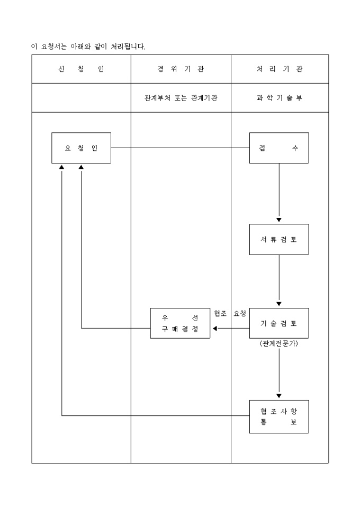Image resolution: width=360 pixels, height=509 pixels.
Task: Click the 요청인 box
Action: pyautogui.click(x=81, y=148)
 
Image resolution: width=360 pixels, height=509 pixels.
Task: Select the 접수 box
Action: pyautogui.click(x=279, y=148)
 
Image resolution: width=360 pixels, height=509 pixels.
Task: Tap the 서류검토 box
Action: pyautogui.click(x=279, y=239)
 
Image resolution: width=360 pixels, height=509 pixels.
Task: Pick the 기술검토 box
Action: pyautogui.click(x=279, y=323)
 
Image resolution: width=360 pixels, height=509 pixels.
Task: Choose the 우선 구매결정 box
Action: pyautogui.click(x=180, y=323)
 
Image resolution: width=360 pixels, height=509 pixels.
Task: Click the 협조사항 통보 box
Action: pyautogui.click(x=279, y=417)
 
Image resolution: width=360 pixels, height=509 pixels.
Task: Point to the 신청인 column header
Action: pyautogui.click(x=81, y=69)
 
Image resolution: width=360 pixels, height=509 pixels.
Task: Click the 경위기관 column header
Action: pyautogui.click(x=181, y=69)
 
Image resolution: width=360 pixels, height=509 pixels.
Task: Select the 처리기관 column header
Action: pyautogui.click(x=279, y=69)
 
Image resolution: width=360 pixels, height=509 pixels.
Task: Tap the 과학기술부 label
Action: pyautogui.click(x=279, y=98)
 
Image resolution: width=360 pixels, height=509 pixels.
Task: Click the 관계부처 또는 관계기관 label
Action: pyautogui.click(x=181, y=98)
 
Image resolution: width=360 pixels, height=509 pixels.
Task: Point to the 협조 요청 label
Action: pyautogui.click(x=230, y=313)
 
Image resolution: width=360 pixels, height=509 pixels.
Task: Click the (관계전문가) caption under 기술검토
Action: pyautogui.click(x=279, y=343)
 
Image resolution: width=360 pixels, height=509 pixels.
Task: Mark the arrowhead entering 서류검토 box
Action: pyautogui.click(x=279, y=220)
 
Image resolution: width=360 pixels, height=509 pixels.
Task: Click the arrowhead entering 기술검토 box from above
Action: pyautogui.click(x=279, y=304)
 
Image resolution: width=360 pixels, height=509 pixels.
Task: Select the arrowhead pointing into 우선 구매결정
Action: pyautogui.click(x=214, y=329)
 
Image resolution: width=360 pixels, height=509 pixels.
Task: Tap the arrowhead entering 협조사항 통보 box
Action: pyautogui.click(x=279, y=396)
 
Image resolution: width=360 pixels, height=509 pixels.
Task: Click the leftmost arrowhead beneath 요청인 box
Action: pyautogui.click(x=62, y=167)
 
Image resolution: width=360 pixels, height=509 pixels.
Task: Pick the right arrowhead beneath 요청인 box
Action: pyautogui.click(x=81, y=167)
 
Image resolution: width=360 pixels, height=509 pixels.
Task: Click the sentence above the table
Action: pyautogui.click(x=88, y=47)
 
